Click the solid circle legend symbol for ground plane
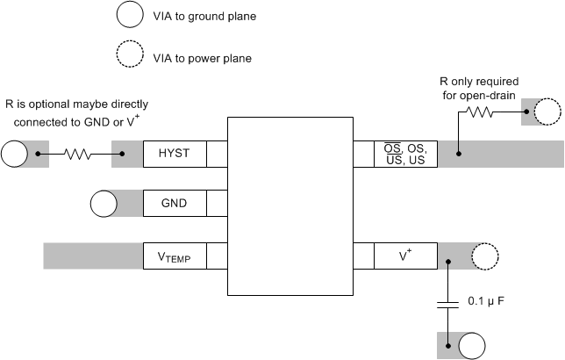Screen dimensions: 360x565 click(129, 15)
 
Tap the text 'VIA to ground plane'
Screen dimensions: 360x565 click(204, 16)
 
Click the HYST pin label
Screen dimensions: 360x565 click(174, 155)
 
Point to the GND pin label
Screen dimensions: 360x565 click(174, 205)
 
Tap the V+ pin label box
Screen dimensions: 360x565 click(405, 256)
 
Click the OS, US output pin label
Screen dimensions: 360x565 click(405, 155)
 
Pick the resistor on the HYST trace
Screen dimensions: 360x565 click(77, 155)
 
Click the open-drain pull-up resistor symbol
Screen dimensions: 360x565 click(482, 112)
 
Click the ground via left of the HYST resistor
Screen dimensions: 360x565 click(15, 155)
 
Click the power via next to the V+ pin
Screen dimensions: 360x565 click(483, 256)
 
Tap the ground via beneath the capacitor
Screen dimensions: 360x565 click(472, 344)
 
